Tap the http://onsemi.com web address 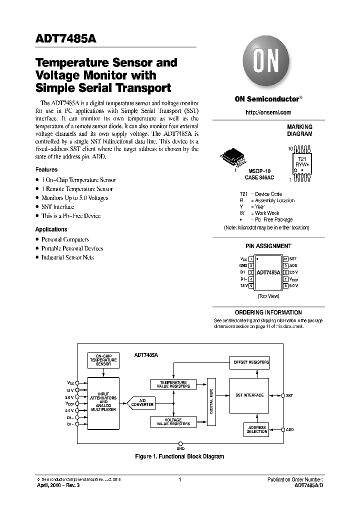(268, 112)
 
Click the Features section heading (46, 169)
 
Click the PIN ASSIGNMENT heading (268, 246)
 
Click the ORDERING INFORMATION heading (268, 312)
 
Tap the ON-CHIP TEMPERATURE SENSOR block (103, 360)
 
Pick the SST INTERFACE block (249, 395)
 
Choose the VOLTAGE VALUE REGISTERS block (173, 421)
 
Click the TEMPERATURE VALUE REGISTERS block (173, 384)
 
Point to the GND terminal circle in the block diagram (180, 443)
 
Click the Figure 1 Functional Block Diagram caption (180, 456)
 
